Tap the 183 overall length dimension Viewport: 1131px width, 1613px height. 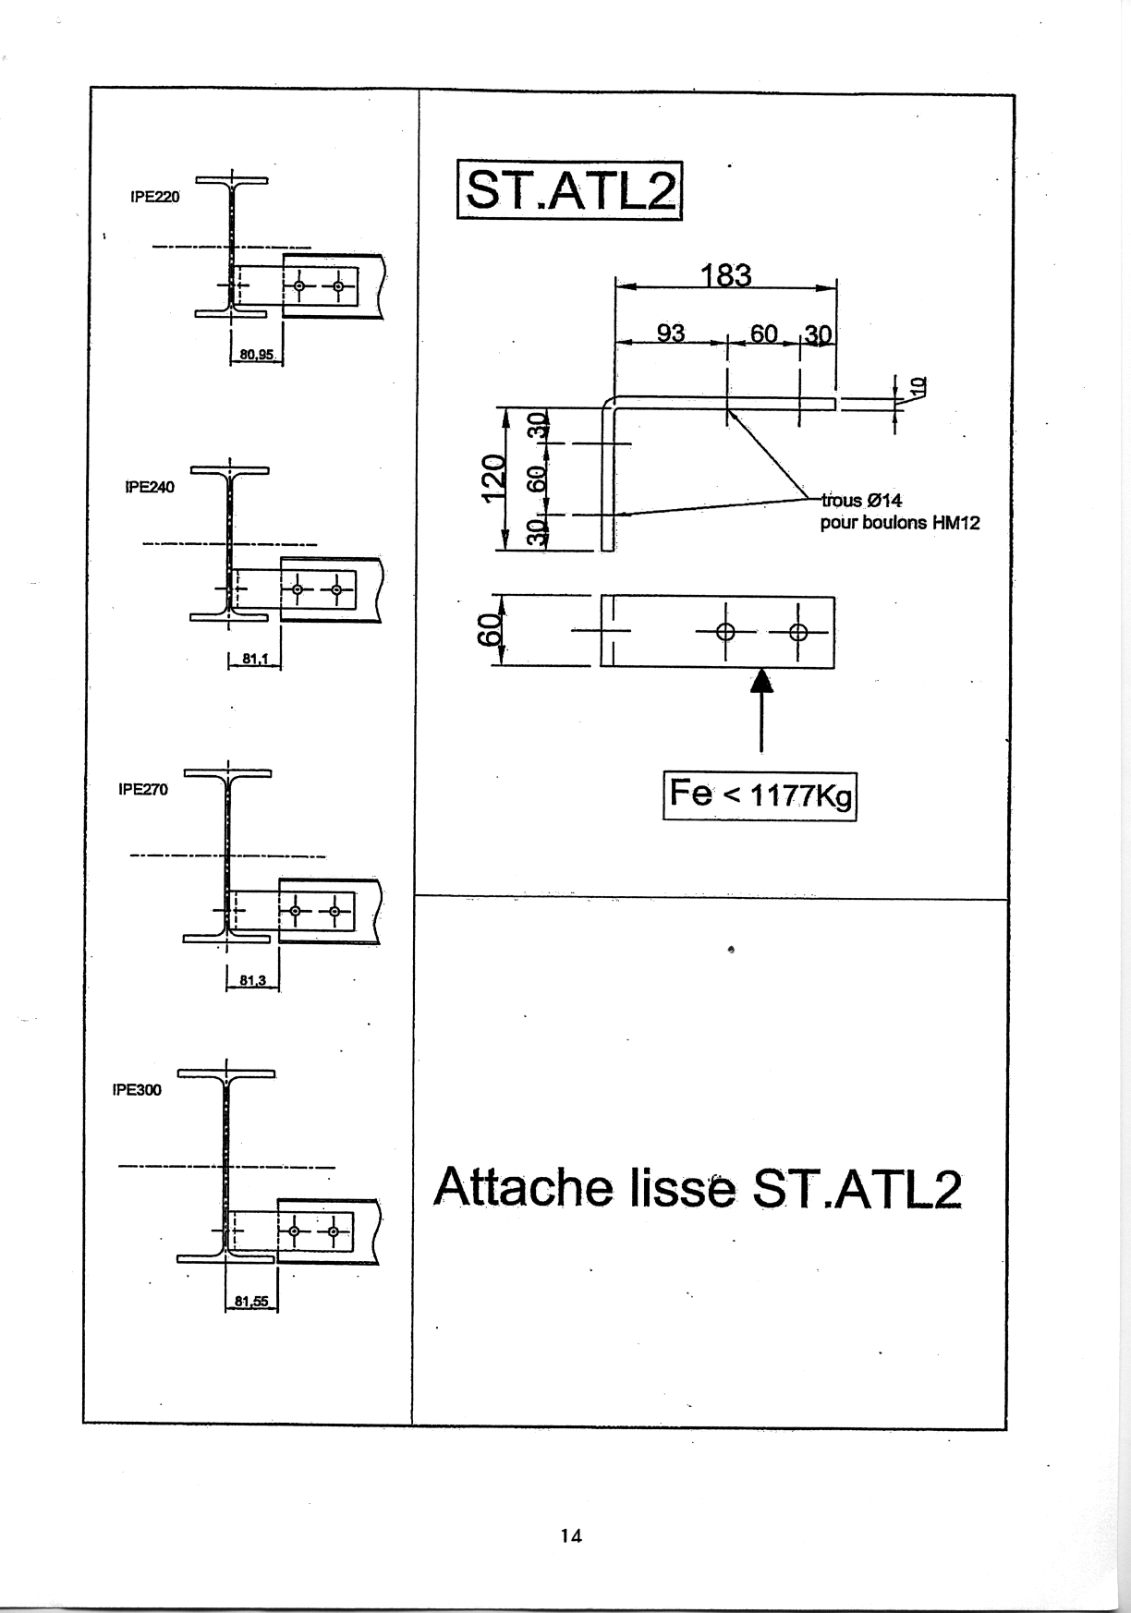[x=726, y=275]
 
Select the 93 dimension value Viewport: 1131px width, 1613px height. [x=671, y=333]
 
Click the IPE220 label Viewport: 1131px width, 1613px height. [x=155, y=197]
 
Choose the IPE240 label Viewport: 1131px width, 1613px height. [x=149, y=487]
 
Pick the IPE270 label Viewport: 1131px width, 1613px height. [x=143, y=790]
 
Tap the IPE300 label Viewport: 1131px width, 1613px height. [x=137, y=1090]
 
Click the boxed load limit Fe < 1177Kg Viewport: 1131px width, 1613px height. [x=760, y=795]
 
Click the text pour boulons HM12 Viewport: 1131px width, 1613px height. [x=900, y=523]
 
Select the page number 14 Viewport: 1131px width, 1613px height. [x=571, y=1536]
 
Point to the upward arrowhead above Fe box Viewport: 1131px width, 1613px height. [x=760, y=681]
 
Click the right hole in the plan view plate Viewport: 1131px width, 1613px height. [x=799, y=633]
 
